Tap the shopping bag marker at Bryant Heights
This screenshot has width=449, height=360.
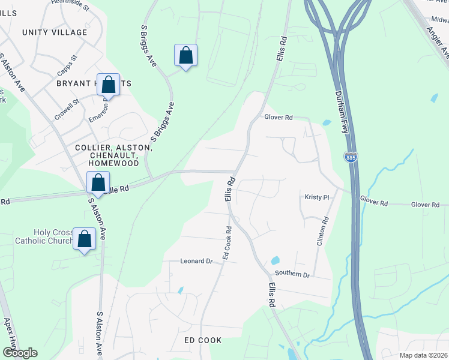coord(109,85)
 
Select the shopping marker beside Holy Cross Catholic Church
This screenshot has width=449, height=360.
coord(85,239)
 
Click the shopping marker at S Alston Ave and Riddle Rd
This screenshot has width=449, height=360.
coord(98,182)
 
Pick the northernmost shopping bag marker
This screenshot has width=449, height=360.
coord(185,56)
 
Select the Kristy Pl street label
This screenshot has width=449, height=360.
coord(317,197)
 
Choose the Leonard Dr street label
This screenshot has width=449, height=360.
coord(197,261)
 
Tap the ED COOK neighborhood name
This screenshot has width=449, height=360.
coord(202,340)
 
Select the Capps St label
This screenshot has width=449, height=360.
coord(67,67)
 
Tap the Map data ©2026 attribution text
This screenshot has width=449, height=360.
coord(423,355)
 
